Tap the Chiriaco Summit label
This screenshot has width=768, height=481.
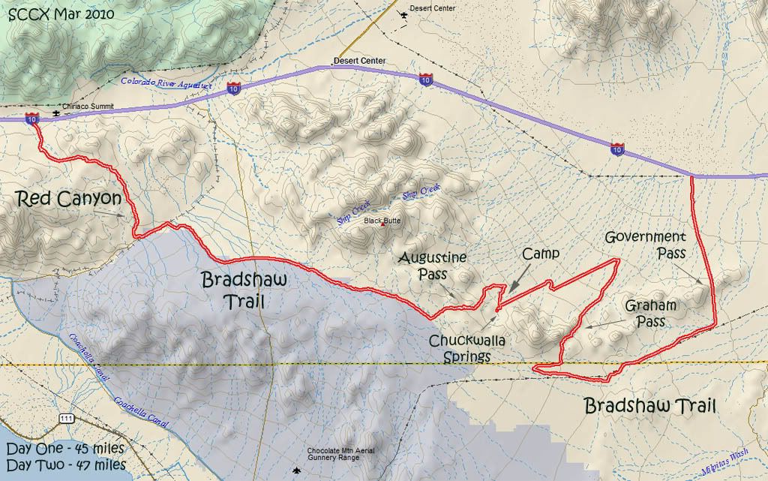(88, 107)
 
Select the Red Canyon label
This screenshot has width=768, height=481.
(67, 199)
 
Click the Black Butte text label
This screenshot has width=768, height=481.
(381, 221)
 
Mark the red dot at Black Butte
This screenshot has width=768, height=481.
(384, 225)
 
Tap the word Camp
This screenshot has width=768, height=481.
(541, 254)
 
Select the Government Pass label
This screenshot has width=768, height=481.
(646, 245)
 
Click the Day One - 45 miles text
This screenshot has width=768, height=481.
(65, 450)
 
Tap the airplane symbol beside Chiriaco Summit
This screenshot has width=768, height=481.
(55, 114)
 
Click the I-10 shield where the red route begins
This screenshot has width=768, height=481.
(32, 119)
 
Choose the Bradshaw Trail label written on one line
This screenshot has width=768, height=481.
(649, 407)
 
